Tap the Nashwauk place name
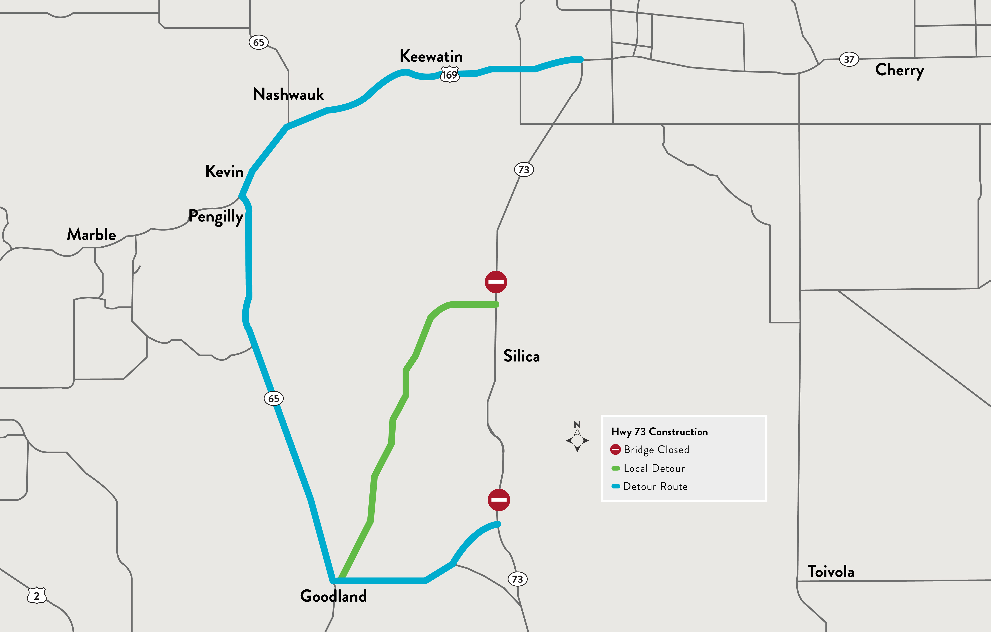click(289, 94)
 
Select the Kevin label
click(224, 171)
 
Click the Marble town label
click(91, 234)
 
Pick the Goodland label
click(333, 596)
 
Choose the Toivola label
click(830, 572)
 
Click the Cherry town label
click(900, 70)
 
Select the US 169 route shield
click(449, 75)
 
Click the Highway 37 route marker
click(849, 59)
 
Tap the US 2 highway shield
click(37, 595)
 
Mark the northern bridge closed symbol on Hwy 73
click(496, 282)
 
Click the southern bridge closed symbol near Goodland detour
click(499, 500)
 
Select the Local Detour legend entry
click(654, 468)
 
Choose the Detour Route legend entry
click(655, 486)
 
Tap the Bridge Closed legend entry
click(656, 450)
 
